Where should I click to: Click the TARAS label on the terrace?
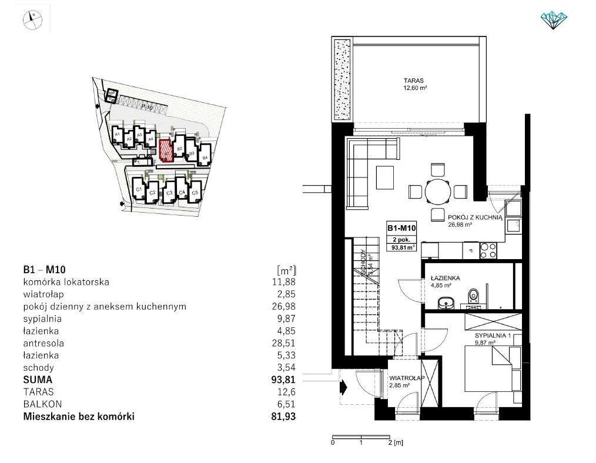pos(414,81)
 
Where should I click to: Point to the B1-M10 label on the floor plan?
pos(401,228)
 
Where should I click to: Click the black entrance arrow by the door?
pos(344,387)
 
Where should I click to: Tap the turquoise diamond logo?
pos(553,20)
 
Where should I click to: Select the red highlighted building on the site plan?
pos(166,149)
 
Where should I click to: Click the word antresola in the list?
pos(44,343)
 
